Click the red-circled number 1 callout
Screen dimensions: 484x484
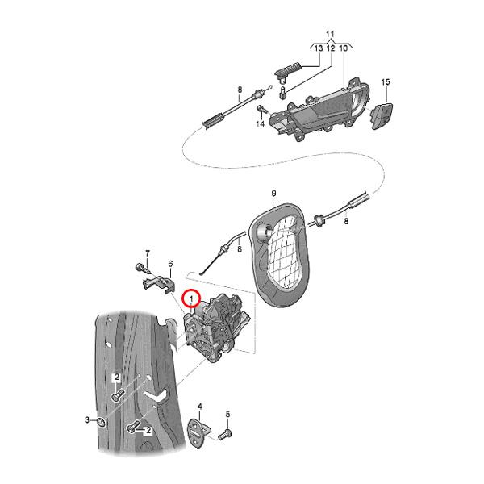(192, 298)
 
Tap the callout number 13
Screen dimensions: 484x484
(318, 49)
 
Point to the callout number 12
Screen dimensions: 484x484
(331, 49)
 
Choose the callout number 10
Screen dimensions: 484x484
(344, 49)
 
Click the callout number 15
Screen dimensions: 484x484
(385, 82)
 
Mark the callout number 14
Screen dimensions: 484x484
(261, 125)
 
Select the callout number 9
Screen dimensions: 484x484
(273, 193)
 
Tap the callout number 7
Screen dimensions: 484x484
(148, 252)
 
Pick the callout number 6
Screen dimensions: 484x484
(170, 264)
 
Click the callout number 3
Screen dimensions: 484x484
(87, 420)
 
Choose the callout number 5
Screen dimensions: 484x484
(227, 415)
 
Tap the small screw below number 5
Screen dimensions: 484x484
(226, 434)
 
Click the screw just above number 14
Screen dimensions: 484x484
(261, 108)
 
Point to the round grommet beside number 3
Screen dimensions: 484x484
(101, 421)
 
